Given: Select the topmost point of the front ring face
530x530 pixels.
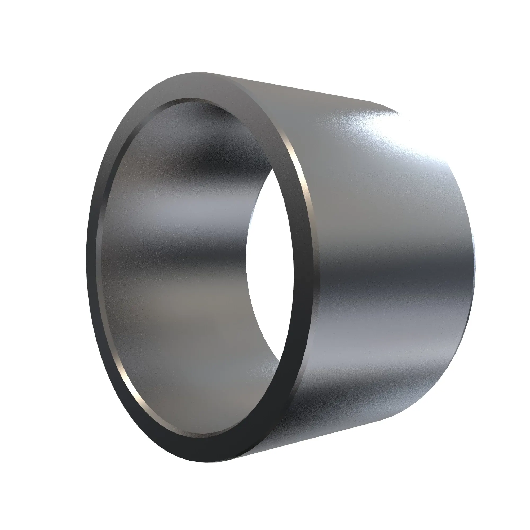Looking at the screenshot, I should [x=203, y=73].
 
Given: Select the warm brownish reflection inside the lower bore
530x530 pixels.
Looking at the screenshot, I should [x=192, y=302].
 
